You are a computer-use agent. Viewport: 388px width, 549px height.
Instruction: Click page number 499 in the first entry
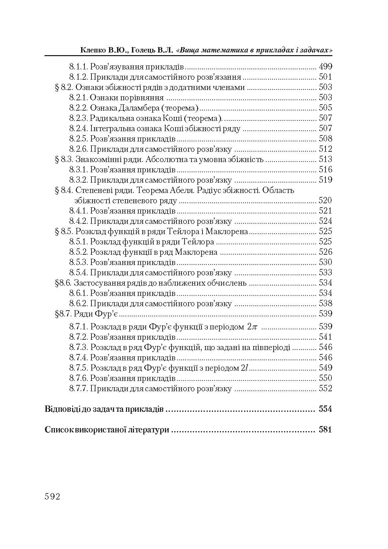coord(325,66)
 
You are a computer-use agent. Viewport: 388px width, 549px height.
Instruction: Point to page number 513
coord(325,159)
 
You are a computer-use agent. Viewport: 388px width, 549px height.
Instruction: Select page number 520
coord(325,200)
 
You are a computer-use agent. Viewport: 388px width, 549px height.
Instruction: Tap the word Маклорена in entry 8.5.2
coord(196,252)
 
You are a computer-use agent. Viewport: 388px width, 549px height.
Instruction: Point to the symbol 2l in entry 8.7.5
coord(245,368)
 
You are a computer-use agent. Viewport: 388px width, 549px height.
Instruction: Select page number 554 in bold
coord(325,409)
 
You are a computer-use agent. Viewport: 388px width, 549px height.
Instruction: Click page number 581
coord(325,430)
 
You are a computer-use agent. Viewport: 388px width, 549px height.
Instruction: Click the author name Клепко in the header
coord(92,50)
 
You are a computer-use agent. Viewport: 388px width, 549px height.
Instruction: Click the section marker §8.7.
coord(63,314)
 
